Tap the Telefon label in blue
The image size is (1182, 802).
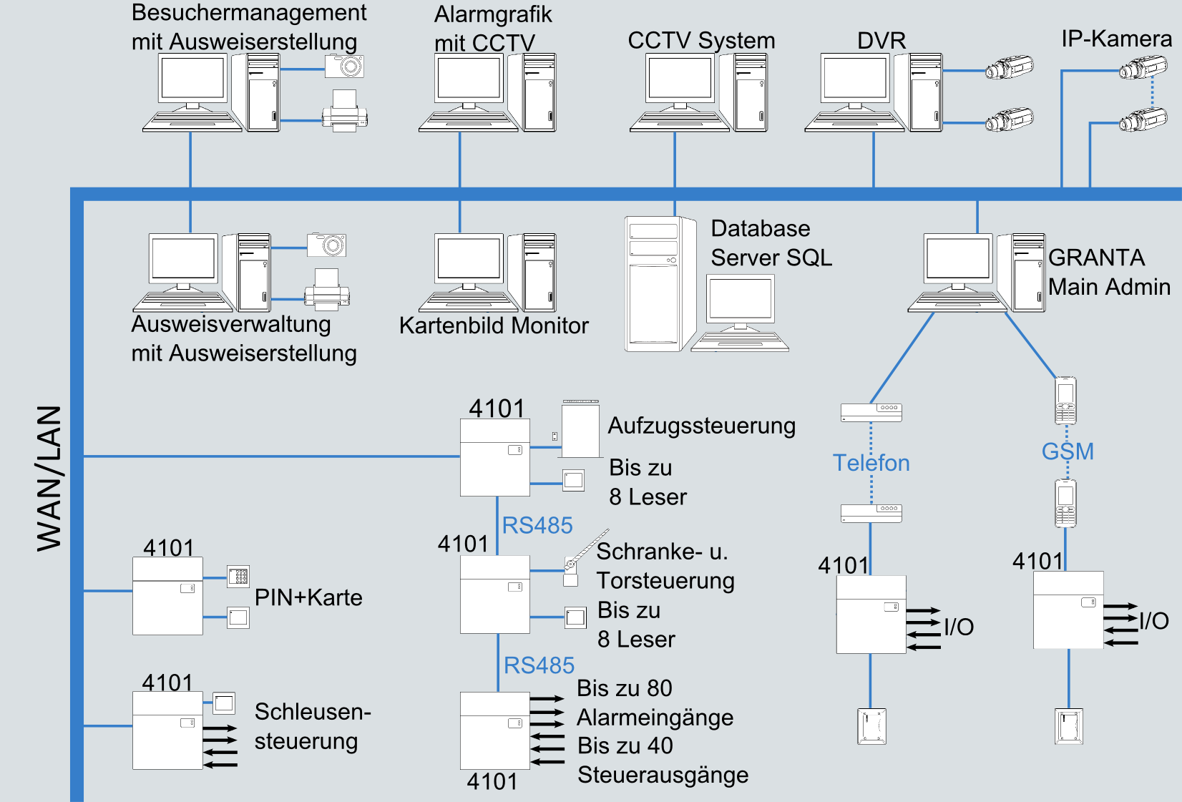click(871, 463)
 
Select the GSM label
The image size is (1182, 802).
click(1067, 451)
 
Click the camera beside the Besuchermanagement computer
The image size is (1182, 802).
click(344, 67)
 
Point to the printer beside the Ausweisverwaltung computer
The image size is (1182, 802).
click(327, 290)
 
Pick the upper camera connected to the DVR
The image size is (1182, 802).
click(1009, 69)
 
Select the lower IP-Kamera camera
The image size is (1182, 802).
click(1143, 120)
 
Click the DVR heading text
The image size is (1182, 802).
click(881, 41)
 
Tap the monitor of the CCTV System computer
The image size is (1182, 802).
click(679, 79)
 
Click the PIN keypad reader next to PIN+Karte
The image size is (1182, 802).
click(238, 576)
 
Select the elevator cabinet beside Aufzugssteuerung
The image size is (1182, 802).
click(580, 429)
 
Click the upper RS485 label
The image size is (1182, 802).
click(537, 525)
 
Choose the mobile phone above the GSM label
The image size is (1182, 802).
click(1065, 401)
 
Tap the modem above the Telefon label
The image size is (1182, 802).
click(871, 412)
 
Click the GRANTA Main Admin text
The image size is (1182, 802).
click(1108, 272)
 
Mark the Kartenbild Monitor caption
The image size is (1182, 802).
click(494, 326)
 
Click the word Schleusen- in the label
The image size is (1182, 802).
click(312, 712)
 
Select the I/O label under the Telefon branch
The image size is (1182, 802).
click(958, 627)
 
